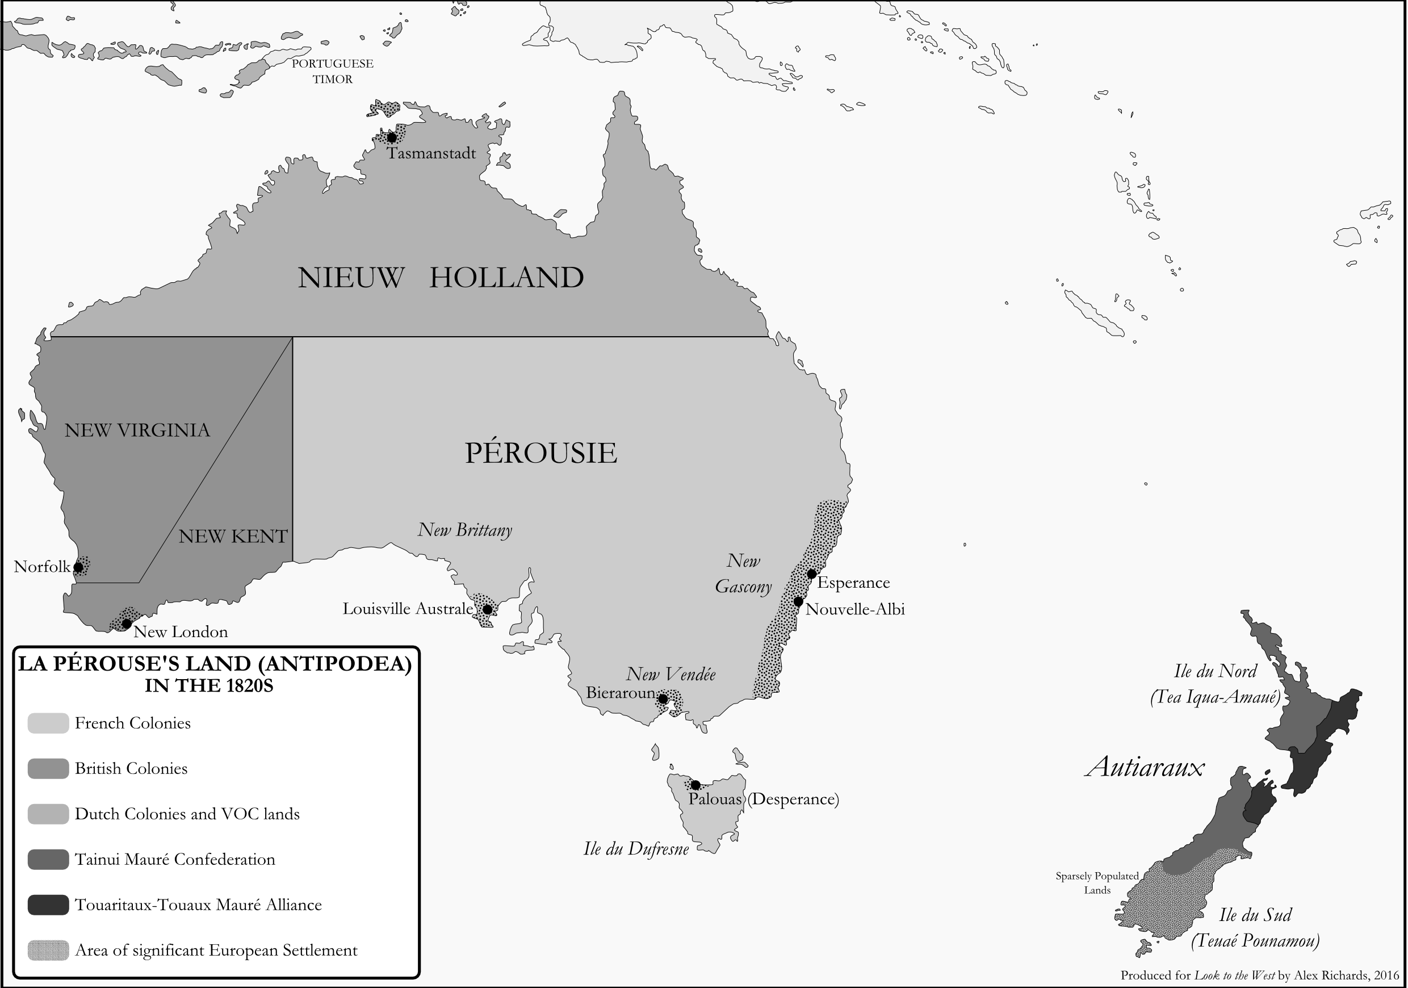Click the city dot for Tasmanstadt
pyautogui.click(x=392, y=137)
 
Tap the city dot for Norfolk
pyautogui.click(x=78, y=567)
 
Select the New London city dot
pyautogui.click(x=127, y=623)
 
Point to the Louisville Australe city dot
pyautogui.click(x=487, y=610)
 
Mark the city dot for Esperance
pyautogui.click(x=811, y=574)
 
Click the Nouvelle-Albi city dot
pyautogui.click(x=798, y=602)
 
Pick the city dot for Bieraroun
pyautogui.click(x=663, y=699)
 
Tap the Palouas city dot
pyautogui.click(x=695, y=785)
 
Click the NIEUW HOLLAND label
pyautogui.click(x=441, y=278)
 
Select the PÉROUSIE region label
pyautogui.click(x=540, y=453)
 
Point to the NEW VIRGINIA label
pyautogui.click(x=137, y=430)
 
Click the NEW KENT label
pyautogui.click(x=233, y=537)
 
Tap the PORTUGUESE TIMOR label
pyautogui.click(x=332, y=71)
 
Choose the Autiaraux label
pyautogui.click(x=1145, y=767)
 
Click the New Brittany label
pyautogui.click(x=465, y=530)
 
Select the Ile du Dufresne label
pyautogui.click(x=636, y=849)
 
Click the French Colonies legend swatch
pyautogui.click(x=48, y=723)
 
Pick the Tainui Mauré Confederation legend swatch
pyautogui.click(x=48, y=859)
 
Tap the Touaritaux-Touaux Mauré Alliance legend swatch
pyautogui.click(x=48, y=905)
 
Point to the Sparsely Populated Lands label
pyautogui.click(x=1097, y=883)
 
